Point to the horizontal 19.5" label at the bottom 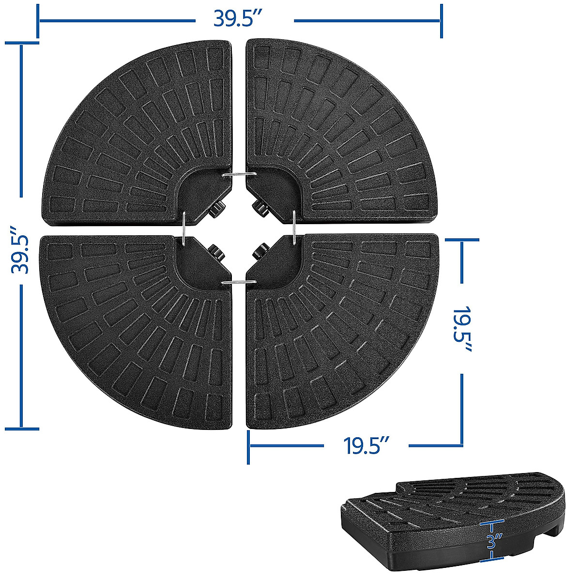coord(366,444)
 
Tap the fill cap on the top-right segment coord(260,209)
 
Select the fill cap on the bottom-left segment coord(214,251)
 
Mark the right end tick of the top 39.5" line coord(441,20)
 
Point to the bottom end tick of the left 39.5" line coord(22,428)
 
